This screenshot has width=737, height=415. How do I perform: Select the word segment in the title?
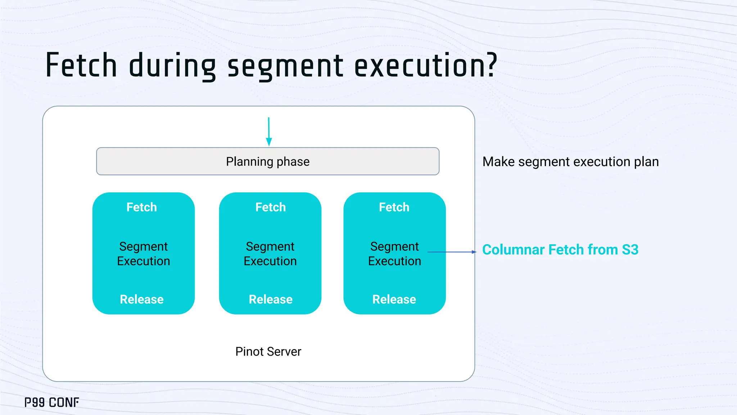click(285, 67)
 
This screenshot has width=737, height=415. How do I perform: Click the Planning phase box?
click(268, 161)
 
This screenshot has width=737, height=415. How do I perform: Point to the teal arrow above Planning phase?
click(268, 131)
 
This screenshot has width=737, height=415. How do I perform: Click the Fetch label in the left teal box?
click(142, 207)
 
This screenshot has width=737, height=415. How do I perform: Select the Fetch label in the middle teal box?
click(271, 207)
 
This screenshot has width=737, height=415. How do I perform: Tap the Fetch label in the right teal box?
click(394, 207)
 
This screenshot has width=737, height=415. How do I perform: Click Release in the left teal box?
click(142, 299)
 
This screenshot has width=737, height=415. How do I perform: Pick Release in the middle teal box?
click(271, 299)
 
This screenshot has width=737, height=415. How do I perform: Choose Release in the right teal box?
click(394, 299)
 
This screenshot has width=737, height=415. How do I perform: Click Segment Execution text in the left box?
click(144, 254)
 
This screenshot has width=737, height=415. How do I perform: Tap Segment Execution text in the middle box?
click(270, 254)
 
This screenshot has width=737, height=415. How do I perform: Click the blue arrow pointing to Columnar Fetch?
click(452, 252)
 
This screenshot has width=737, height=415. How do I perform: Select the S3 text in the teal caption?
click(630, 250)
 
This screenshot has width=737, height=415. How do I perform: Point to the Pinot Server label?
click(268, 352)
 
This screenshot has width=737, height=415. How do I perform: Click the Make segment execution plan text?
click(570, 162)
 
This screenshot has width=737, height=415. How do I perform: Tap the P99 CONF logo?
click(52, 402)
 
